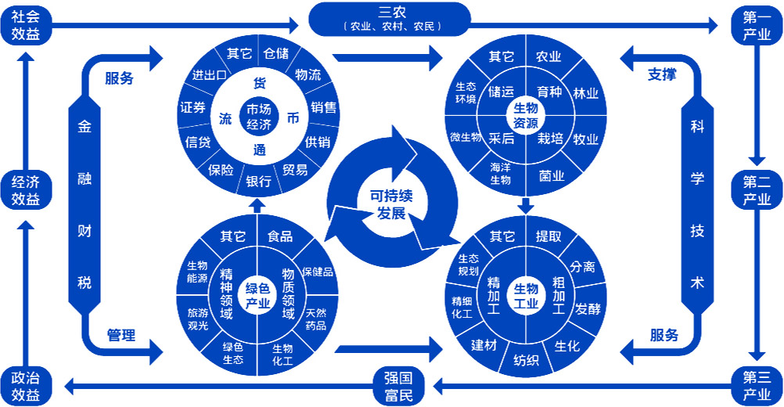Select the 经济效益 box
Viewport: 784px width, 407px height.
(x=25, y=190)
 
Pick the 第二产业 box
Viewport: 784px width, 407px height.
(x=757, y=190)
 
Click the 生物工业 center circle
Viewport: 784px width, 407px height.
(x=526, y=297)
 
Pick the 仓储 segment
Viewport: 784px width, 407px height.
(x=276, y=54)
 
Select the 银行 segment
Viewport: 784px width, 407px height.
(x=258, y=182)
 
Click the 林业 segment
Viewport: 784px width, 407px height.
(x=585, y=93)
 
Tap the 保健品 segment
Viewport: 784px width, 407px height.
(x=318, y=272)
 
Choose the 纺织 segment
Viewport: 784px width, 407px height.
(x=526, y=360)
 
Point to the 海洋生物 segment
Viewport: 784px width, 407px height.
(x=500, y=173)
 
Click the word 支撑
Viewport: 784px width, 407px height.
(x=662, y=76)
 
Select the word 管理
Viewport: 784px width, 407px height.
(x=120, y=336)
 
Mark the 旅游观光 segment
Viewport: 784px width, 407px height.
(x=198, y=319)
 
